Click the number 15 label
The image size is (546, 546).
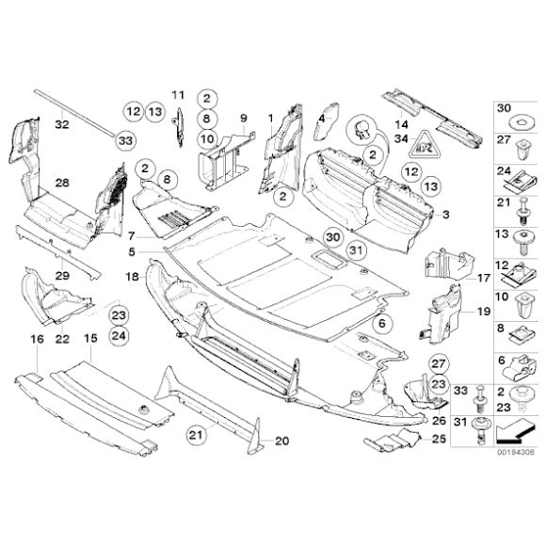(x=90, y=337)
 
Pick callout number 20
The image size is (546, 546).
(x=282, y=441)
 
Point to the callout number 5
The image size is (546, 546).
(x=133, y=251)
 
